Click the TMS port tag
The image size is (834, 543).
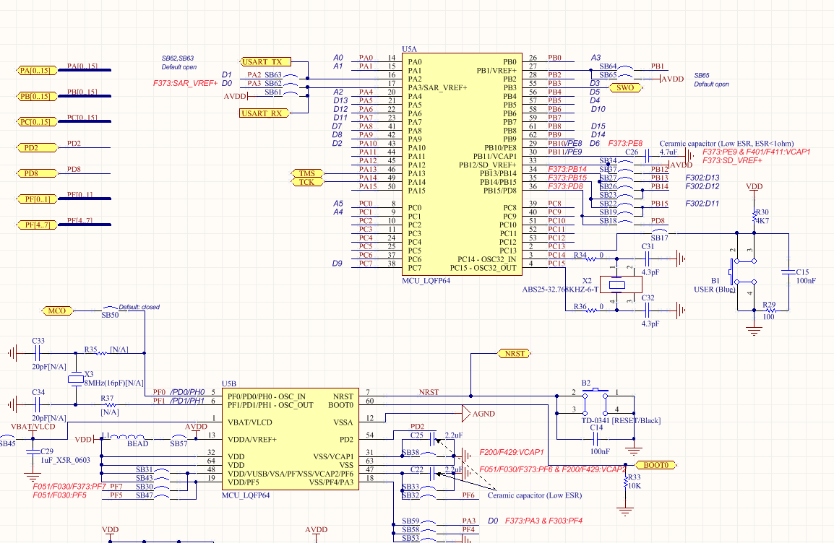(x=306, y=173)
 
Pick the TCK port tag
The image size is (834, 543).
(x=306, y=182)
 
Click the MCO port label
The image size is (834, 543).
(x=57, y=311)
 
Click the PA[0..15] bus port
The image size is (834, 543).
(x=36, y=70)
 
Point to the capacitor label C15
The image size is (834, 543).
(x=802, y=272)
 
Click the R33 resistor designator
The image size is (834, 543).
(x=634, y=477)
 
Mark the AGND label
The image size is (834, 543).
(x=483, y=414)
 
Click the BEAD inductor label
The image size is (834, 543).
(x=137, y=444)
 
